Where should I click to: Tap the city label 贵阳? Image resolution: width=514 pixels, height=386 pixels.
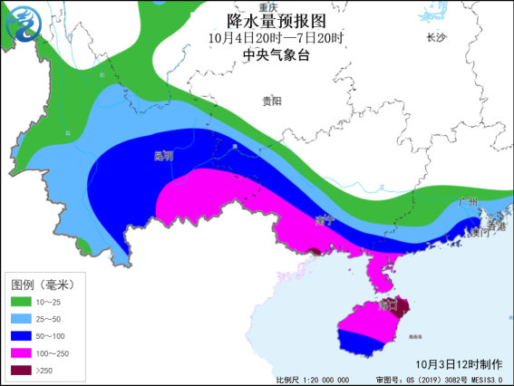[271, 101]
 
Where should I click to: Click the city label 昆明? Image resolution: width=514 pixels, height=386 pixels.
[163, 155]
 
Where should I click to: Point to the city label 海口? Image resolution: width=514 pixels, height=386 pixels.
[390, 306]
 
